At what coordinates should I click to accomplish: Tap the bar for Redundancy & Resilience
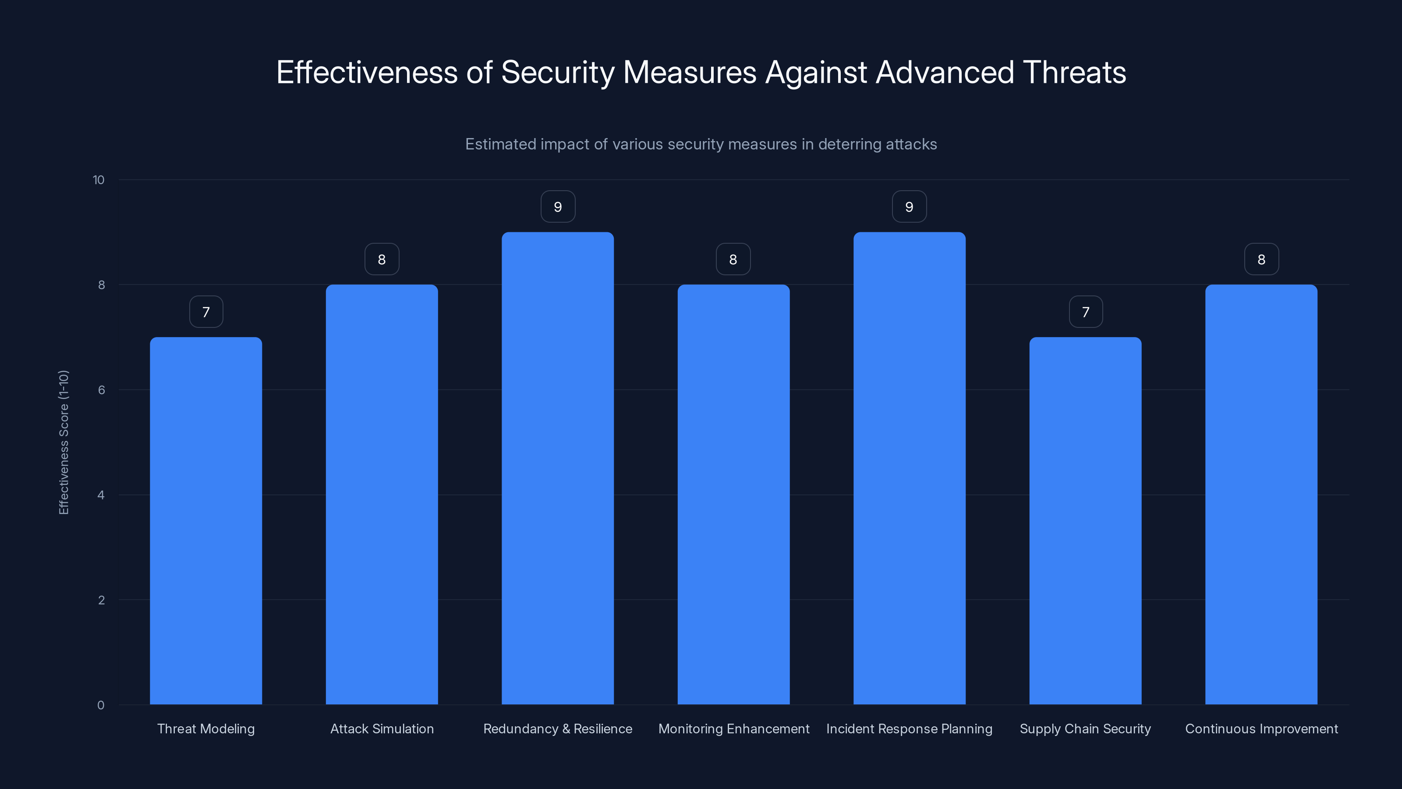click(557, 468)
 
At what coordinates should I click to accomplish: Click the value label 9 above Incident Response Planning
click(909, 207)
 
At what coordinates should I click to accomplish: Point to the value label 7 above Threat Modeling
click(206, 312)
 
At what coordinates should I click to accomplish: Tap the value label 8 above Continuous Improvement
click(1261, 260)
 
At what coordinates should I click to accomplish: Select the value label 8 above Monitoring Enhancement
click(733, 260)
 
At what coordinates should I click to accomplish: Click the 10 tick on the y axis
click(99, 180)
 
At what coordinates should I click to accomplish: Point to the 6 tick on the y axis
click(101, 390)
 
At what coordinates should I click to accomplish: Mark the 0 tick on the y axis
click(101, 705)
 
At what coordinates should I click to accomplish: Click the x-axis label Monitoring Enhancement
click(734, 729)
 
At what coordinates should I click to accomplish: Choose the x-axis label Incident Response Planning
click(909, 729)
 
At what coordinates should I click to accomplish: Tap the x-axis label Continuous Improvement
click(1261, 729)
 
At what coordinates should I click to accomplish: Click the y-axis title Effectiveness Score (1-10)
click(64, 442)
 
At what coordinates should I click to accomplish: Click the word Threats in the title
click(1074, 72)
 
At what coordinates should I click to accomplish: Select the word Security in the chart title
click(557, 72)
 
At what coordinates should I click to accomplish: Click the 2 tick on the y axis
click(101, 600)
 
